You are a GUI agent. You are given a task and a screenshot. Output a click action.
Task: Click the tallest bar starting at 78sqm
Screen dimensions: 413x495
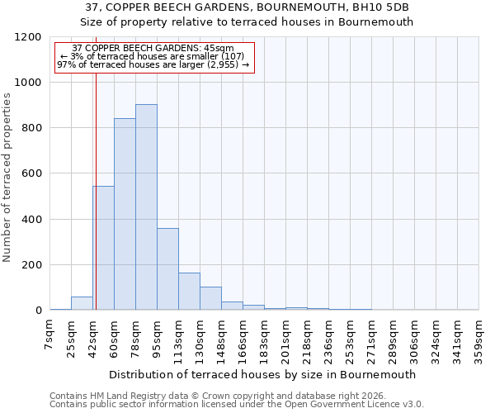tap(146, 206)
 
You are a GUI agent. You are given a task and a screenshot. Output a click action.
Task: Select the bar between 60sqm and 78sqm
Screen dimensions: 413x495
tap(125, 214)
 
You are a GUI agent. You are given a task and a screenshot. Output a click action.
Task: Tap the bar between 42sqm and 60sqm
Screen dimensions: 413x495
tap(103, 248)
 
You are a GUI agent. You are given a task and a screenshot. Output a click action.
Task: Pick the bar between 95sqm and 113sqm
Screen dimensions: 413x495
tap(167, 268)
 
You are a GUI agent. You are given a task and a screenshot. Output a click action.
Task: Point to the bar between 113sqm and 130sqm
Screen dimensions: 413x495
tap(189, 291)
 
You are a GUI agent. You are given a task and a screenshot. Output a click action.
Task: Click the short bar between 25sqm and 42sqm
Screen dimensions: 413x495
tap(82, 303)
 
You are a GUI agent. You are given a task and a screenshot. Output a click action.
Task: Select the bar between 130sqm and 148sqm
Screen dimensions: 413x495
tap(210, 298)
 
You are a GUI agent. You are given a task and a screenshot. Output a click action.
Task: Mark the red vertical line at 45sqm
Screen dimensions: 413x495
tap(96, 165)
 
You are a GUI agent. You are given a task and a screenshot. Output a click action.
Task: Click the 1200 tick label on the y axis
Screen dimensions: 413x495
tap(28, 37)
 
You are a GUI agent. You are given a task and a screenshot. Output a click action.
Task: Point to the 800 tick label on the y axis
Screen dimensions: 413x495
tap(31, 128)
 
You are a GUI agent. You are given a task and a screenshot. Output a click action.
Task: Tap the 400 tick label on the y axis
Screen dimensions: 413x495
tap(31, 220)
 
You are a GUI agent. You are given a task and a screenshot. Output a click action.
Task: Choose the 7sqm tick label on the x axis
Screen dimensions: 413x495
tap(49, 335)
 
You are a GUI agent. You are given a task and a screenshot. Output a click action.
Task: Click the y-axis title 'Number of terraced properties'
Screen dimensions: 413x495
tap(8, 178)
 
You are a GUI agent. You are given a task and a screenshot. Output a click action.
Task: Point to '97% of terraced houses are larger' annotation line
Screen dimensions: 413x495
tap(153, 64)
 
